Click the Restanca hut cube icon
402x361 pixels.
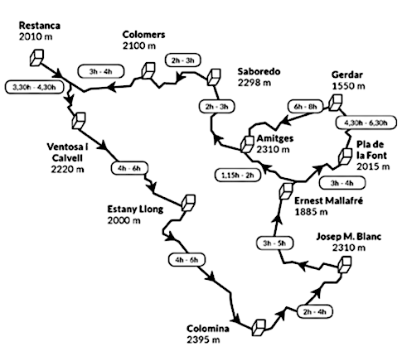[36, 58]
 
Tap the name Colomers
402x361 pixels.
[143, 35]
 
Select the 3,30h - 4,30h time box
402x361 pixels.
[34, 87]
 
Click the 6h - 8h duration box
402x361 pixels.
[305, 106]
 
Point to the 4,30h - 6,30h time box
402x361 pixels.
[366, 123]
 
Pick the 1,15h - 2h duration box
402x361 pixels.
[238, 175]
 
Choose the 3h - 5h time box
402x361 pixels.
[274, 243]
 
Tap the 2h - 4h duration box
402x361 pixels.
[314, 312]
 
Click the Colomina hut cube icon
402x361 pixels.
[259, 328]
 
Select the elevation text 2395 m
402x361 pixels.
[203, 339]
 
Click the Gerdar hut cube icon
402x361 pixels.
[336, 103]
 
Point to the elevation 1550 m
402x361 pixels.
[348, 86]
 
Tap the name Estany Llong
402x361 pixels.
[135, 209]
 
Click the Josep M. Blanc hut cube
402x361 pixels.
[345, 264]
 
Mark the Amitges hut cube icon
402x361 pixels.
[247, 144]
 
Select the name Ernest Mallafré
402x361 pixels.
[328, 200]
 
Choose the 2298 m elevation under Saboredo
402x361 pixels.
[254, 83]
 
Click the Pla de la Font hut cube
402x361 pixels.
[345, 156]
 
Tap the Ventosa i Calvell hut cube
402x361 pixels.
[79, 121]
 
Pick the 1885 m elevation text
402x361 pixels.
[311, 212]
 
